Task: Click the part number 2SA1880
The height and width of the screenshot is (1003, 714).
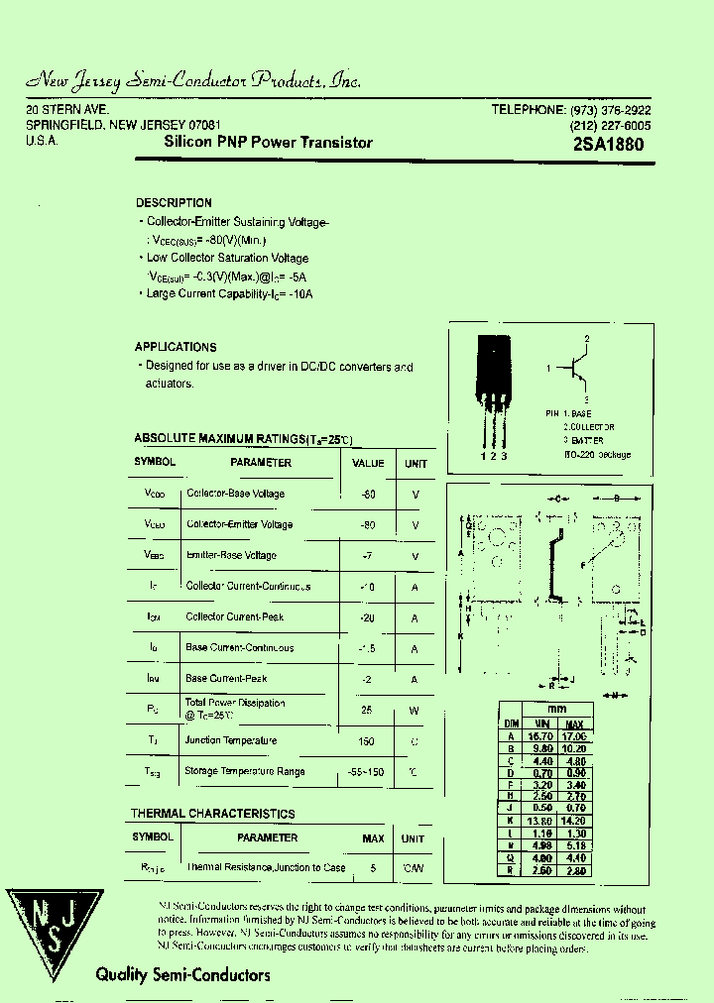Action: tap(608, 144)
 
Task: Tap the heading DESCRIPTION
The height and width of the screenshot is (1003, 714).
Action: tap(174, 203)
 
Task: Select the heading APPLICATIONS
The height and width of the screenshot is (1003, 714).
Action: tap(176, 347)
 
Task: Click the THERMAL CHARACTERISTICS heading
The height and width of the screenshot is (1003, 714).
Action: tap(213, 814)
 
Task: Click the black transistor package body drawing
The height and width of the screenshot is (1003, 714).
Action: tap(494, 367)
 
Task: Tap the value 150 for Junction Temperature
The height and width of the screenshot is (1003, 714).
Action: tap(366, 741)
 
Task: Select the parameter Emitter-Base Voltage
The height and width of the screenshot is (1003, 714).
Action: tap(231, 555)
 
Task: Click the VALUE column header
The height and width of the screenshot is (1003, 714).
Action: tap(368, 463)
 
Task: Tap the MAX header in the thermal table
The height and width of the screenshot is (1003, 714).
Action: tap(373, 838)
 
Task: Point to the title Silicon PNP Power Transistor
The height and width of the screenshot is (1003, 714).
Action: tap(268, 143)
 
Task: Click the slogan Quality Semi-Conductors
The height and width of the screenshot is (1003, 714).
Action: tap(182, 975)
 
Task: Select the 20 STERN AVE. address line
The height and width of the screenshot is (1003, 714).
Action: tap(67, 109)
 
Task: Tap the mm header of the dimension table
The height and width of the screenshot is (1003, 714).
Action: tap(556, 710)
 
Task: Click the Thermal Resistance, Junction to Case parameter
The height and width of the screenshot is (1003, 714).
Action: tap(266, 868)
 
